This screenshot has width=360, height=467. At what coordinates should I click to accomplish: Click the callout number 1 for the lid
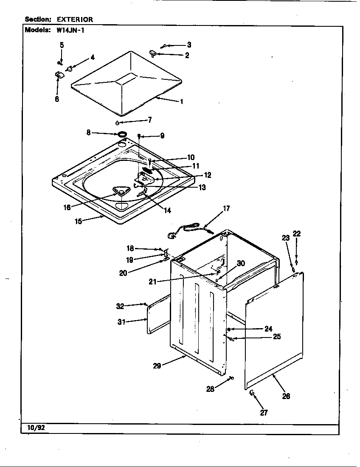[x=181, y=102]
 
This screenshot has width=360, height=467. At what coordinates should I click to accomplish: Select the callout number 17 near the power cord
[x=226, y=208]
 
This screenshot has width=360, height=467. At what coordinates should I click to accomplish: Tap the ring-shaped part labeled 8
[x=122, y=135]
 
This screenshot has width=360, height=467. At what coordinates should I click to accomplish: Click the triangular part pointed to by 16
[x=121, y=192]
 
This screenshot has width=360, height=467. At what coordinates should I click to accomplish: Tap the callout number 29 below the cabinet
[x=157, y=366]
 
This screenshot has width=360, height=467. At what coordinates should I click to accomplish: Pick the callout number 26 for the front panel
[x=286, y=396]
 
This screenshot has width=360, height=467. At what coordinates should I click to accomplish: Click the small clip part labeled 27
[x=251, y=393]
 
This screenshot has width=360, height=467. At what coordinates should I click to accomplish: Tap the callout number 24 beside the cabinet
[x=268, y=329]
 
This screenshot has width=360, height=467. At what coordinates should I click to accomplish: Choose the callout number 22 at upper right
[x=296, y=233]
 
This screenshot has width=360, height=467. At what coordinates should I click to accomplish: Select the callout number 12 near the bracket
[x=207, y=175]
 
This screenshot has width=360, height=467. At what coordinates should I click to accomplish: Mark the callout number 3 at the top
[x=189, y=45]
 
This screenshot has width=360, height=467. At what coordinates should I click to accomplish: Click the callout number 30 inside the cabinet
[x=241, y=263]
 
